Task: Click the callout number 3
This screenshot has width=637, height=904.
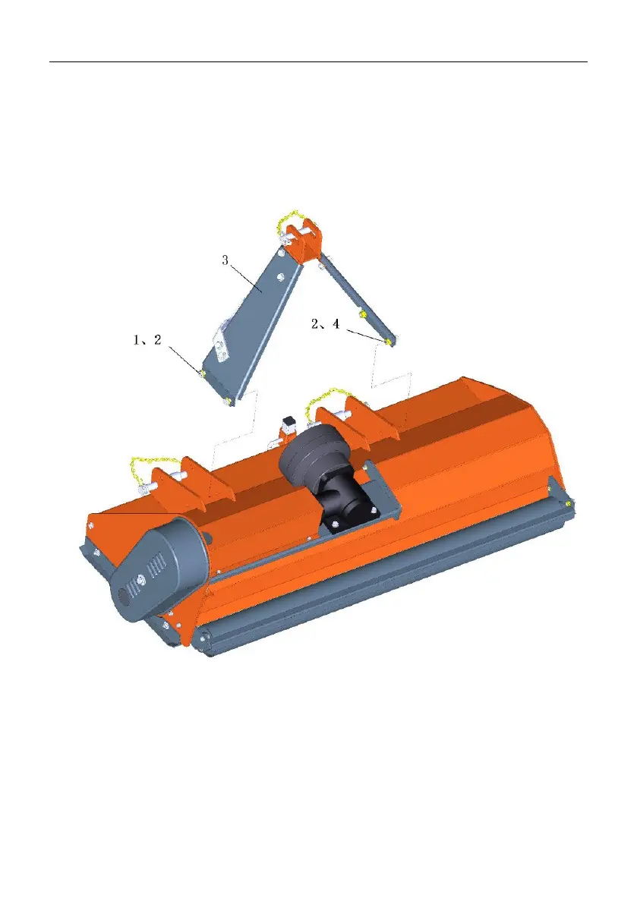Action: coord(225,260)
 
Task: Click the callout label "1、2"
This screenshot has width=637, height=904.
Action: coord(147,340)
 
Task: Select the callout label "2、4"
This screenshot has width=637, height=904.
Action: coord(326,324)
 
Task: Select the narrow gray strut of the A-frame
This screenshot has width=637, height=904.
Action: coord(358,300)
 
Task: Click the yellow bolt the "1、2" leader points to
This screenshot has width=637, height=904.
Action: coord(203,373)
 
